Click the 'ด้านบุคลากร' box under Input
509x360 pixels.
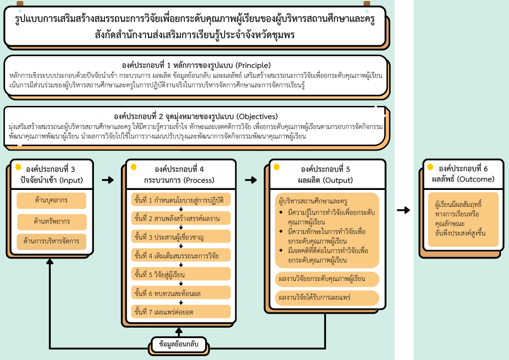coord(51,200)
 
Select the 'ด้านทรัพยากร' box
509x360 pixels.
coord(51,221)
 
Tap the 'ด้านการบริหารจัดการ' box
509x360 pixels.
coord(51,242)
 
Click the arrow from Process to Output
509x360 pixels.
coord(252,180)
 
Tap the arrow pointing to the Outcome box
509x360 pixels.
coord(404,210)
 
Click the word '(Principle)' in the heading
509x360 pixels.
coord(253,65)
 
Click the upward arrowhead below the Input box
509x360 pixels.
coord(50,262)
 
